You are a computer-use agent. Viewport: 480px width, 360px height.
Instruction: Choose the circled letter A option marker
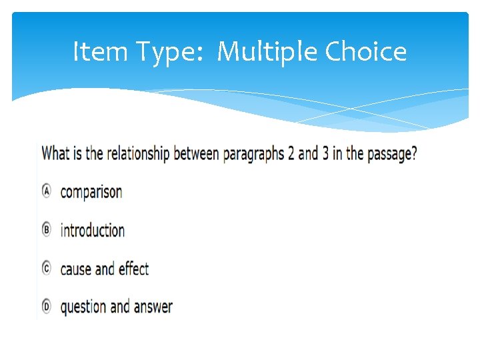pos(47,191)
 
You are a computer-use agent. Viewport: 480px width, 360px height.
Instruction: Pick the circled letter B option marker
pos(47,230)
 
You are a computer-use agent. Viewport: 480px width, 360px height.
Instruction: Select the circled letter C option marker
pos(47,268)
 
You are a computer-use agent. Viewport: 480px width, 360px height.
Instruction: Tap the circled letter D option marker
pos(47,307)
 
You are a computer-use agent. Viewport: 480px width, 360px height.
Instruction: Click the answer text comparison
pos(91,193)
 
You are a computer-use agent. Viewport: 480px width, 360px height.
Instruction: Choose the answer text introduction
pos(93,231)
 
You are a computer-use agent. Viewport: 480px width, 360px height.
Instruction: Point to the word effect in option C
pos(133,269)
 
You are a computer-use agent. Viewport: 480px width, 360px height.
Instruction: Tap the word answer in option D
pos(153,307)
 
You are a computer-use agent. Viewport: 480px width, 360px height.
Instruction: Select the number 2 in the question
pos(291,154)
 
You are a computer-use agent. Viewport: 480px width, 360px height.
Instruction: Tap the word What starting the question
pos(55,154)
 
